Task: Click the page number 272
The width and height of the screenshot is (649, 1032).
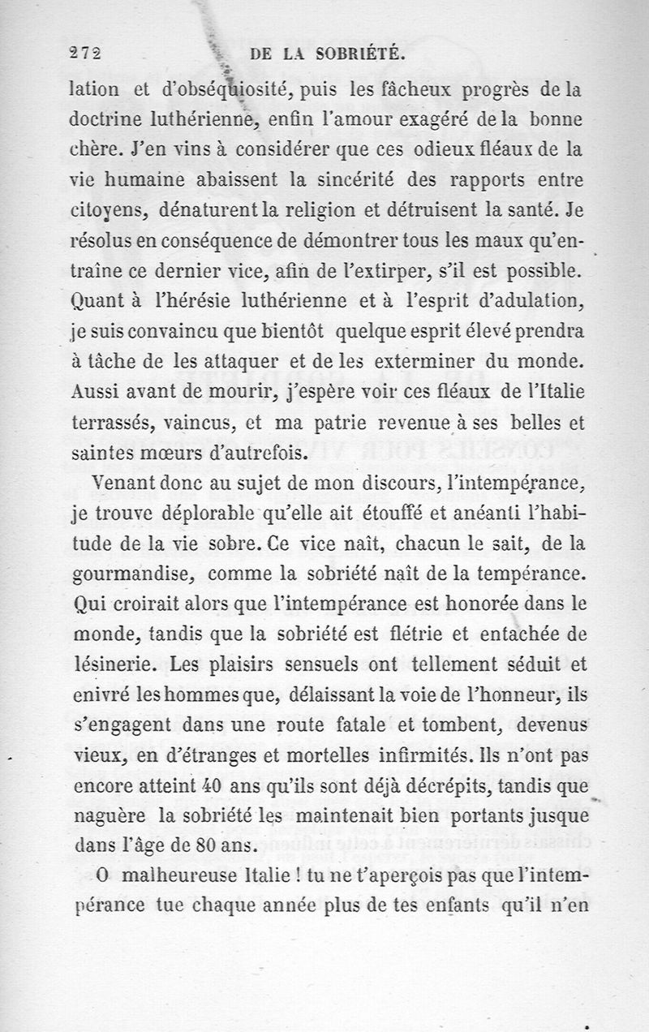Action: pos(84,54)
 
